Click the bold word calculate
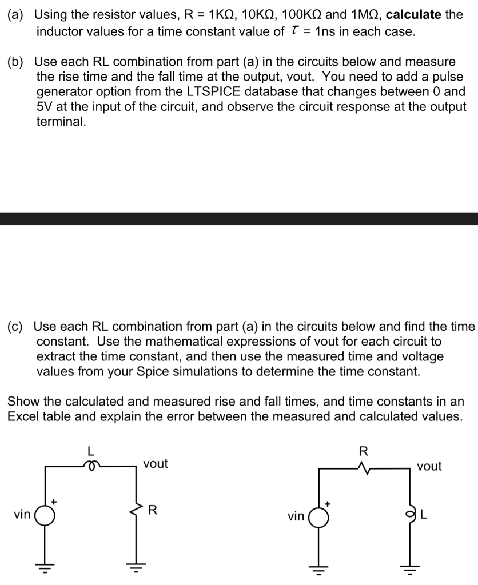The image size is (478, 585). point(414,14)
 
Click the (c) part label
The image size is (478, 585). point(18,326)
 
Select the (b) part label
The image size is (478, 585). point(18,61)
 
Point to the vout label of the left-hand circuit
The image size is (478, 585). point(156,463)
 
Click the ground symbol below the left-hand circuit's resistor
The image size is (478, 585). point(136,567)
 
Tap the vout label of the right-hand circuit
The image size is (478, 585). point(429,466)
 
